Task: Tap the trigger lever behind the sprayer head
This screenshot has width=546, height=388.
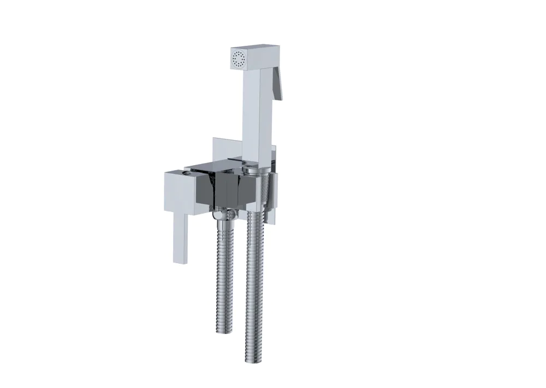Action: (x=277, y=82)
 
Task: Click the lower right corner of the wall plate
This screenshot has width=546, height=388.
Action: (x=276, y=223)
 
